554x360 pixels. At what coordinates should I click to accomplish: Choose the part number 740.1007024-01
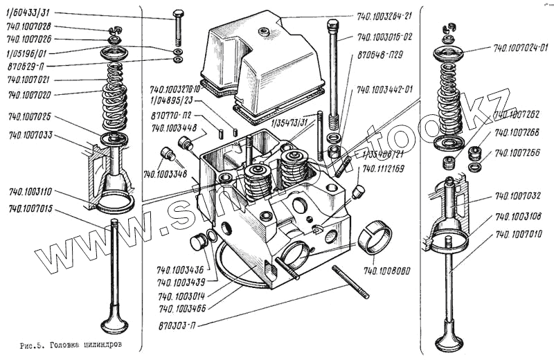(x=520, y=48)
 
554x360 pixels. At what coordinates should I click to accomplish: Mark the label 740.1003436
(x=180, y=269)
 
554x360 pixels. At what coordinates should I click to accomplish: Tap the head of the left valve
(x=114, y=324)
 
